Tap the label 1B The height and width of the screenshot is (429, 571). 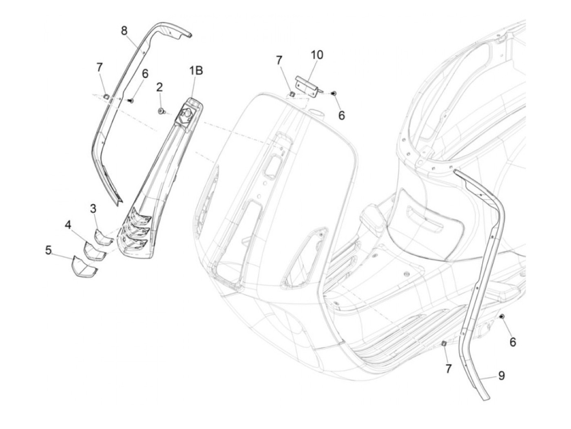(195, 71)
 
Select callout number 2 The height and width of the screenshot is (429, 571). (159, 86)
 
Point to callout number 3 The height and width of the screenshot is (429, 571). (93, 209)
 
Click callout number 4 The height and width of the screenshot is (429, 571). (68, 225)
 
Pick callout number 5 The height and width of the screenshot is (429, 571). (49, 250)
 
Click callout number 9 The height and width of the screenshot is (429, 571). (501, 375)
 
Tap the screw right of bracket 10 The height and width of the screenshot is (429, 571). (334, 94)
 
